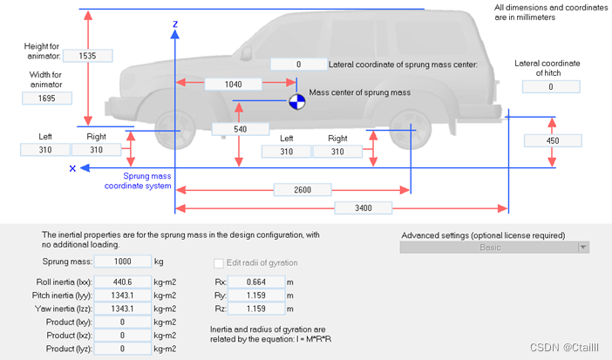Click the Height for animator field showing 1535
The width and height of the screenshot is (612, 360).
coord(87,55)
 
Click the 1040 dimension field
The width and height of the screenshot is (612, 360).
coord(234,85)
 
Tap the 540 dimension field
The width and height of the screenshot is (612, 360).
coord(240,129)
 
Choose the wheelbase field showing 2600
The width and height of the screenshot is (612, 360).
coord(303,189)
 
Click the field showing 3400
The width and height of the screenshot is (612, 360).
coord(363,207)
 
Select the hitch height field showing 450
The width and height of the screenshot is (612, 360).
coord(552,140)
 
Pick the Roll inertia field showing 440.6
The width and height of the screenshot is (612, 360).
coord(121,282)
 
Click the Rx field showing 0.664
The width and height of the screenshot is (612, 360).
coord(260,282)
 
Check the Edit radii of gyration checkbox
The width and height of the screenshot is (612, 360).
coord(219,263)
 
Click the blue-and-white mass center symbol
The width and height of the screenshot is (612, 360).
coord(298,102)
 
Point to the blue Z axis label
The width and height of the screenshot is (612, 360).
coord(175,24)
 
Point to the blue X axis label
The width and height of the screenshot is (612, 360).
coord(73,169)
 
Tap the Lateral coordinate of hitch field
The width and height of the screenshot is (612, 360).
coord(551,87)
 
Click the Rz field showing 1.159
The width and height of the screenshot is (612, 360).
coord(260,310)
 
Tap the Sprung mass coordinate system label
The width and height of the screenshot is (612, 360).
coord(146,180)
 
